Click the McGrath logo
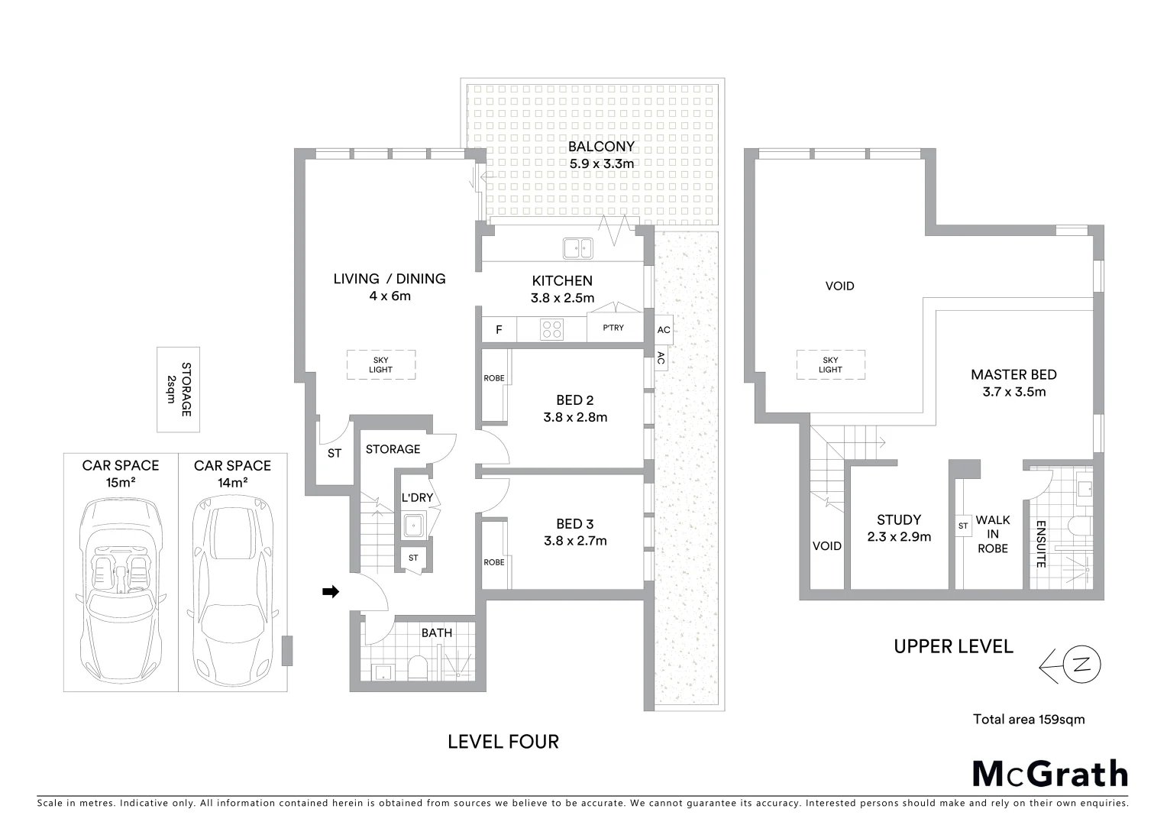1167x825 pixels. tap(1049, 773)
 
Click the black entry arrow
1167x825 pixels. tap(330, 591)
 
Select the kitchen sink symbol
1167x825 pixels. tap(577, 248)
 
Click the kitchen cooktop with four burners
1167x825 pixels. tap(551, 329)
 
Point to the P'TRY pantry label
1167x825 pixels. tap(613, 328)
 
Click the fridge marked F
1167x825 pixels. tap(499, 330)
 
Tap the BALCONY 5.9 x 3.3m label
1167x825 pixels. tap(601, 154)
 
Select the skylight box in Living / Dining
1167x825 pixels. tap(380, 364)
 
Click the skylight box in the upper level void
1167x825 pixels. tap(830, 364)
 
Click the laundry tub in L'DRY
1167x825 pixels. tap(415, 526)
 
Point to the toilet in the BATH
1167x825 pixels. tap(418, 668)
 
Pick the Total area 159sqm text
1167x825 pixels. tap(1028, 719)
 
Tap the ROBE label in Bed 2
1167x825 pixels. tap(494, 378)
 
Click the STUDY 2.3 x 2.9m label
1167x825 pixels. tap(899, 528)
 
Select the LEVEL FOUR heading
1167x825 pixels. tap(503, 741)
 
